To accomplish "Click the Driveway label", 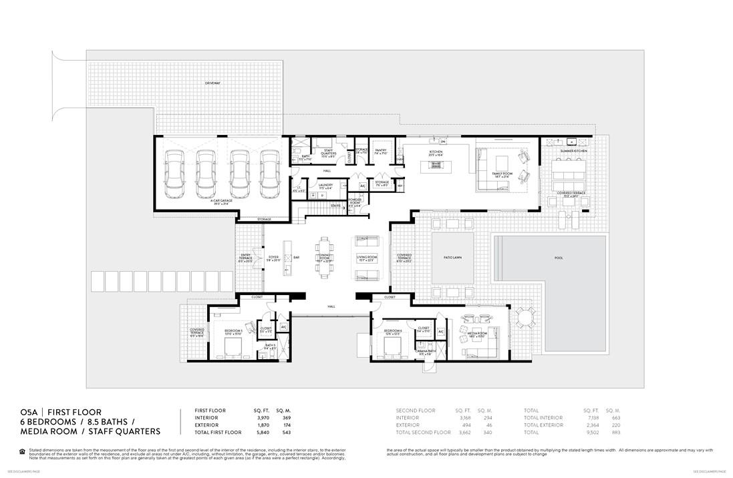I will click(x=212, y=83).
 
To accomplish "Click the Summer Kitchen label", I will click(x=573, y=152).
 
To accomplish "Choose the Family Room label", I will click(x=502, y=174).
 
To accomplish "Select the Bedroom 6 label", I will click(x=393, y=331).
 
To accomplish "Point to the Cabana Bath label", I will click(x=425, y=352).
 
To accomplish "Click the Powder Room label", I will click(x=354, y=202).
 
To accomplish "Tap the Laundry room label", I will click(x=325, y=186).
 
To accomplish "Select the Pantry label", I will click(x=382, y=152).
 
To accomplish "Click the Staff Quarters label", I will click(x=329, y=152).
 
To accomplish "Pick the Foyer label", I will click(x=273, y=257).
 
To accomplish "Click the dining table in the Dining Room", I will click(x=325, y=257).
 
